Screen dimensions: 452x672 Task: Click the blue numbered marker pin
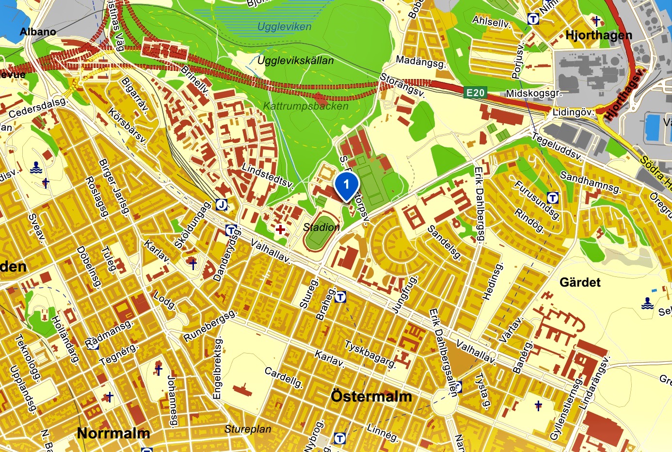[x=346, y=186]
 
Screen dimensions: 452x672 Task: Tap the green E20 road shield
[x=475, y=93]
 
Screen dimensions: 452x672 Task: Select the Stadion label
[x=321, y=227]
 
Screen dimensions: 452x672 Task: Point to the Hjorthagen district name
[x=599, y=35]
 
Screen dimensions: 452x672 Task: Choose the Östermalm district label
[x=371, y=396]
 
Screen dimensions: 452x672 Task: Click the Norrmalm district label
[x=113, y=433]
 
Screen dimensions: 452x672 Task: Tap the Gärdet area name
[x=580, y=282]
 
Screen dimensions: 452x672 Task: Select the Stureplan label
[x=248, y=429]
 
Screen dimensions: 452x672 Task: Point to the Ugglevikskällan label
[x=295, y=61]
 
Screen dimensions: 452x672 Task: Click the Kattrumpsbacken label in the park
[x=305, y=106]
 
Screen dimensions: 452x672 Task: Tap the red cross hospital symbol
[x=280, y=229]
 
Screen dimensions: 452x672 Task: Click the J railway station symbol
[x=222, y=205]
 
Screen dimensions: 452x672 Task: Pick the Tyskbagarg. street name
[x=370, y=354]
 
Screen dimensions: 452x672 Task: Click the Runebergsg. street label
[x=210, y=325]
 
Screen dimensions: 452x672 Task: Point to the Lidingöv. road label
[x=573, y=112]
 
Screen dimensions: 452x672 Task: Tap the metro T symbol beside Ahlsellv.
[x=533, y=19]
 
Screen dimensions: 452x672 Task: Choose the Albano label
[x=38, y=32]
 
